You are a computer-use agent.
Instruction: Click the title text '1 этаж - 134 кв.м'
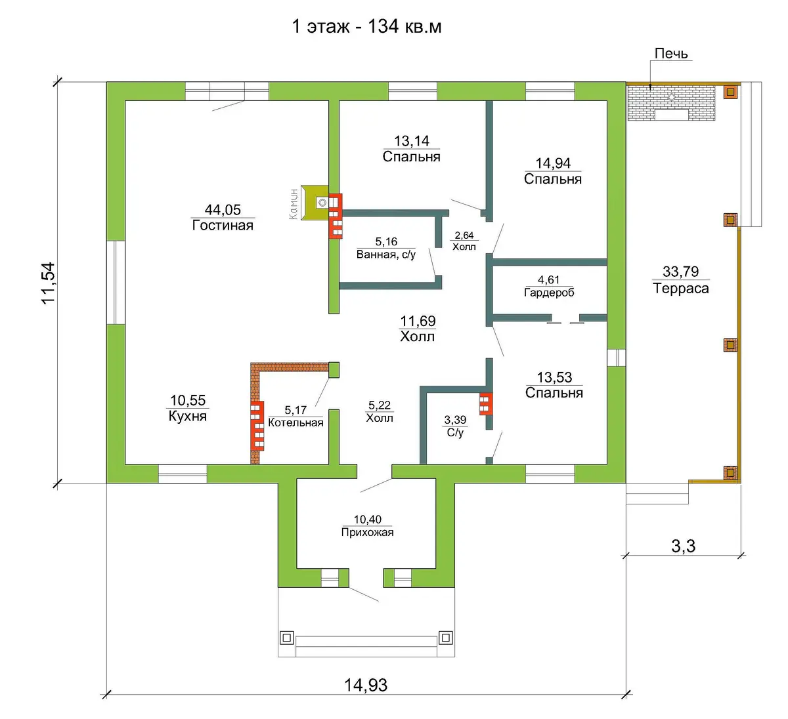(x=366, y=27)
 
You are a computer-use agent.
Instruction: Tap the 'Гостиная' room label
(x=223, y=225)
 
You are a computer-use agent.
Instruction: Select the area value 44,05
(x=223, y=209)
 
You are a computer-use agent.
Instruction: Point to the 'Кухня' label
(x=187, y=416)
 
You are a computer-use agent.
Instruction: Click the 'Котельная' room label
(x=295, y=422)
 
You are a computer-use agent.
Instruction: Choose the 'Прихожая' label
(x=367, y=532)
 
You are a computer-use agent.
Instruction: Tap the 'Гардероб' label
(x=549, y=293)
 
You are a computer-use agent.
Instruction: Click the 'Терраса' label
(x=681, y=288)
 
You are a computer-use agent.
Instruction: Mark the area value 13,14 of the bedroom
(x=412, y=140)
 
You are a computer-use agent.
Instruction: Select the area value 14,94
(x=553, y=163)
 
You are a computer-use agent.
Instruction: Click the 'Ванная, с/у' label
(x=385, y=255)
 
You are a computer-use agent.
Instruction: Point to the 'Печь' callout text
(x=671, y=53)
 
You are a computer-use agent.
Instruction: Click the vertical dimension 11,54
(x=49, y=283)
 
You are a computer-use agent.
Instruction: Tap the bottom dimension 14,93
(x=366, y=686)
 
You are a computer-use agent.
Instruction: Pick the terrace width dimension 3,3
(x=684, y=546)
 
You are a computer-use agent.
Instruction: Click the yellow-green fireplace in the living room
(x=315, y=203)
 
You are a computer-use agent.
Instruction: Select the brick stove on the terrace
(x=671, y=103)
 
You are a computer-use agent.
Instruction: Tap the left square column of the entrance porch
(x=287, y=638)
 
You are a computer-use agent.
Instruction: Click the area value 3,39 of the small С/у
(x=455, y=420)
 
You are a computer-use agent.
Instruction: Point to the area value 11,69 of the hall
(x=418, y=321)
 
